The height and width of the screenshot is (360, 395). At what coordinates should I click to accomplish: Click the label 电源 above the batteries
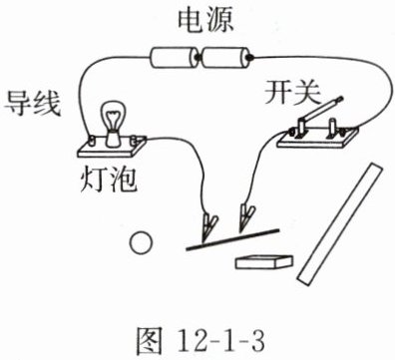[x=205, y=21]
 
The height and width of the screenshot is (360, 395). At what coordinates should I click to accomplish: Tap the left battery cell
[x=174, y=58]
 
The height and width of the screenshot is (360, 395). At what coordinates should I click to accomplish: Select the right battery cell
[x=225, y=58]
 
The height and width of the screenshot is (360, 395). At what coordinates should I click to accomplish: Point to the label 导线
[x=33, y=104]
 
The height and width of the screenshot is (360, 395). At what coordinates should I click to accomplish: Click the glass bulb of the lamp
[x=113, y=116]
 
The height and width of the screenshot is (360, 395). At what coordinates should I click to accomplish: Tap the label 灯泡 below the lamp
[x=109, y=180]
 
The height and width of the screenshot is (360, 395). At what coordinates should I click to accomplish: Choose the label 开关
[x=292, y=93]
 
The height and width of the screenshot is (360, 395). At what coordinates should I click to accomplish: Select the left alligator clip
[x=209, y=225]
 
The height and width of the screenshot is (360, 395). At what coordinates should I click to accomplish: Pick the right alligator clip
[x=246, y=216]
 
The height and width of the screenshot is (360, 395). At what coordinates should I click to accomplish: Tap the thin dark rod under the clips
[x=232, y=239]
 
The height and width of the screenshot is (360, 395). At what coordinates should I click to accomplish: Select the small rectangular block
[x=264, y=262]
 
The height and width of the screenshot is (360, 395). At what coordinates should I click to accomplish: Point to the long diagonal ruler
[x=340, y=223]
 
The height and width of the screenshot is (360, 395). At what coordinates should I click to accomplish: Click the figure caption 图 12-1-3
[x=200, y=340]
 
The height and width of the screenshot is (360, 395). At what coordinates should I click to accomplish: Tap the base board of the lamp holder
[x=112, y=148]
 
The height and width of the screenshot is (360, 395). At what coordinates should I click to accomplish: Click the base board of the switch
[x=317, y=138]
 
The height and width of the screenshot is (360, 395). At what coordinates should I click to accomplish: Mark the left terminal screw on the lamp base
[x=91, y=141]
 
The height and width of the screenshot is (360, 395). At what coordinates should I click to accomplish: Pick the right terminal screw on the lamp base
[x=135, y=140]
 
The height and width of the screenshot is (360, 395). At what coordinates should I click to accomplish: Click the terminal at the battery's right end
[x=250, y=58]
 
